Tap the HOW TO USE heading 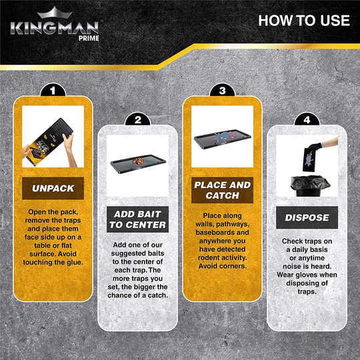pyautogui.click(x=303, y=20)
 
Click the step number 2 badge pyautogui.click(x=138, y=120)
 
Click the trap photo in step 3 pyautogui.click(x=222, y=141)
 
